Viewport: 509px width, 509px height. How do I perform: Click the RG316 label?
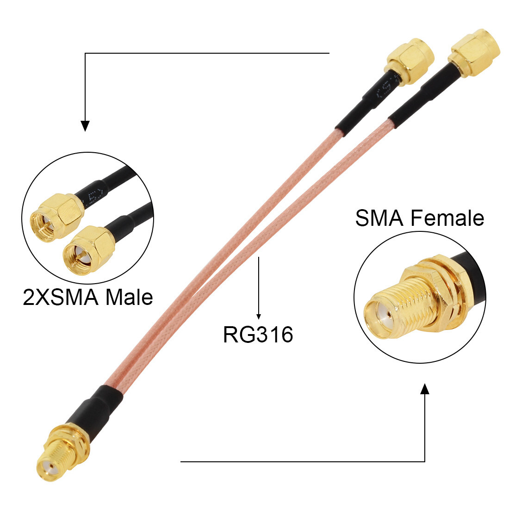258,334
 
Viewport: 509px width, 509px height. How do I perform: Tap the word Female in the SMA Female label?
446,218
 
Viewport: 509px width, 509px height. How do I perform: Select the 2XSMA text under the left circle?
62,297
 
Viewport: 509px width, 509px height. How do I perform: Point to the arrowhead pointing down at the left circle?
85,125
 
